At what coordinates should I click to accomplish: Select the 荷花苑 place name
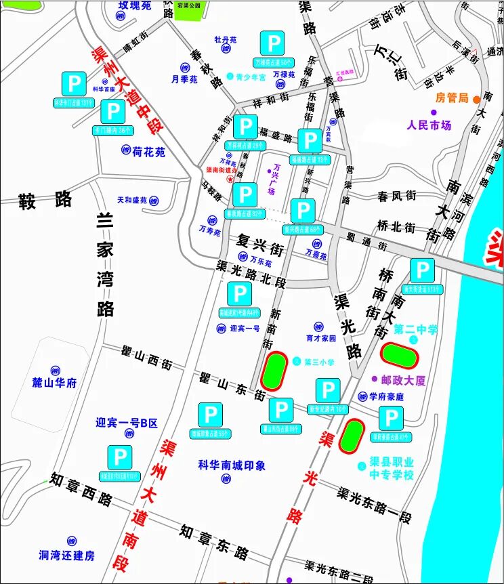[x=149, y=152]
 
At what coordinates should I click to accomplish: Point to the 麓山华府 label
[x=55, y=383]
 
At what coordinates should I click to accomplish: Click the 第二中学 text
[x=416, y=331]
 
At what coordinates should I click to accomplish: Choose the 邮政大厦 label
[x=404, y=381]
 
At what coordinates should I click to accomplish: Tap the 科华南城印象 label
[x=232, y=465]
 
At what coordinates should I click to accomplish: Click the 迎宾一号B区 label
[x=127, y=423]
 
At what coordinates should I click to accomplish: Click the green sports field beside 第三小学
[x=274, y=371]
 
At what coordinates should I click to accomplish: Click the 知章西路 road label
[x=81, y=490]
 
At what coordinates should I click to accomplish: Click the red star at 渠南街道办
[x=230, y=180]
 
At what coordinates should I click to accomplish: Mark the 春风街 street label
[x=396, y=196]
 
